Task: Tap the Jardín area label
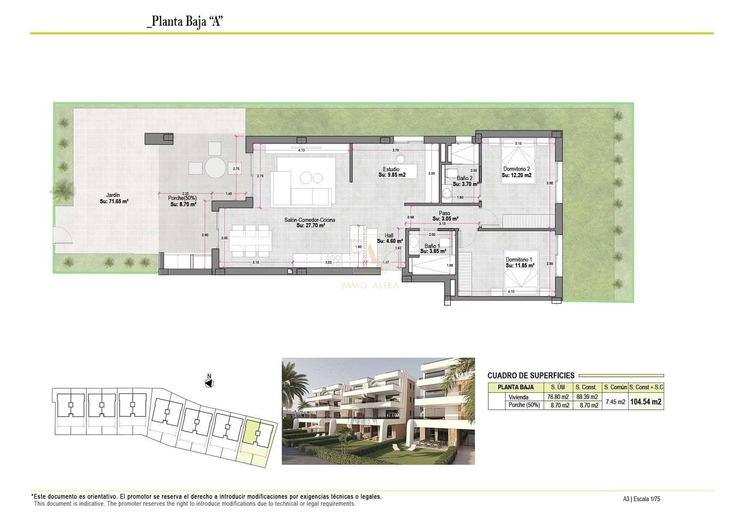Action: (113, 198)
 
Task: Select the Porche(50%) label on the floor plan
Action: (182, 201)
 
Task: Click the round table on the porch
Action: (216, 167)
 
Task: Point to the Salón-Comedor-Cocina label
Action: (310, 222)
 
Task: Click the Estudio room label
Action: (391, 172)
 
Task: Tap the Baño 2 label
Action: (464, 181)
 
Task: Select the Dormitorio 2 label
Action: (517, 172)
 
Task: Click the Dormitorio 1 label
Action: (519, 262)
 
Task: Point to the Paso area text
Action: (444, 216)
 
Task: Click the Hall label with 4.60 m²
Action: (389, 238)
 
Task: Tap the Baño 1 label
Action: (432, 248)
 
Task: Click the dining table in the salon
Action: (250, 241)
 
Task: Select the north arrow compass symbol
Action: (209, 383)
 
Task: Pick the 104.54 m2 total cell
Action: (646, 402)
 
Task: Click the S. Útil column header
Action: (558, 387)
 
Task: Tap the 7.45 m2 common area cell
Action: (615, 402)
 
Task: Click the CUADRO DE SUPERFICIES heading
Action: (530, 375)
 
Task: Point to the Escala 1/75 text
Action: (647, 499)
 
